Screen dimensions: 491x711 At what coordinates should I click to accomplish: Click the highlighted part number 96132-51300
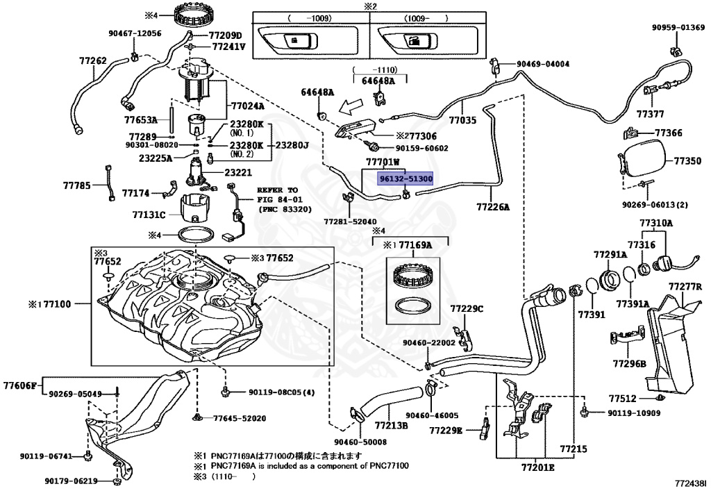[405, 178]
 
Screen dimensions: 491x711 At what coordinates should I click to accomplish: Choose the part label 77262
[92, 61]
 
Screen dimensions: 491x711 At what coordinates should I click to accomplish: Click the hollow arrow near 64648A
[346, 108]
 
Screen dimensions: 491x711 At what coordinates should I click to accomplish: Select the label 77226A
[493, 207]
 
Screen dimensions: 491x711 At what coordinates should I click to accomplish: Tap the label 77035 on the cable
[462, 120]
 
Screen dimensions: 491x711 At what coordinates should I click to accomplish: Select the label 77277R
[686, 286]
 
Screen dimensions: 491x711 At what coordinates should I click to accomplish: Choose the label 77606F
[20, 384]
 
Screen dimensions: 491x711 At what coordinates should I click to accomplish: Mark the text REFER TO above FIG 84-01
[278, 190]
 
